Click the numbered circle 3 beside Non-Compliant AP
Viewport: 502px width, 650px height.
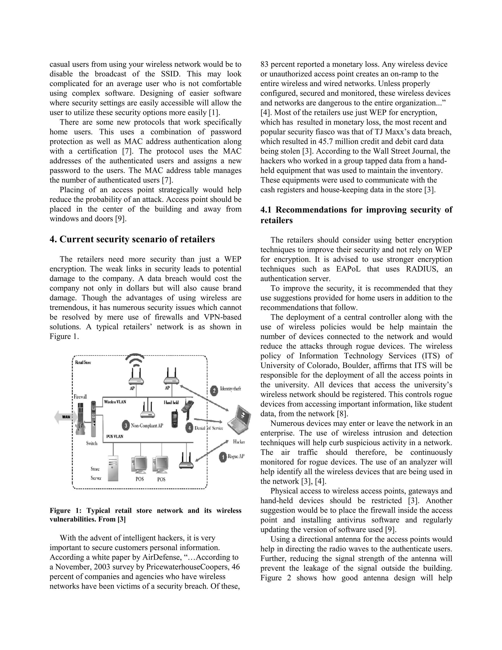(x=126, y=426)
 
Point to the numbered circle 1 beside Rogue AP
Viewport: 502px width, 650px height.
(x=223, y=457)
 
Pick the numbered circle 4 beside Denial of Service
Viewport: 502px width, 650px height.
(x=189, y=428)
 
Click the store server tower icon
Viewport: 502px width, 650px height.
(x=113, y=468)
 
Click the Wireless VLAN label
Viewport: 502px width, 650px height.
(x=115, y=402)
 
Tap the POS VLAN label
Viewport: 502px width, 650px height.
(x=115, y=436)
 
